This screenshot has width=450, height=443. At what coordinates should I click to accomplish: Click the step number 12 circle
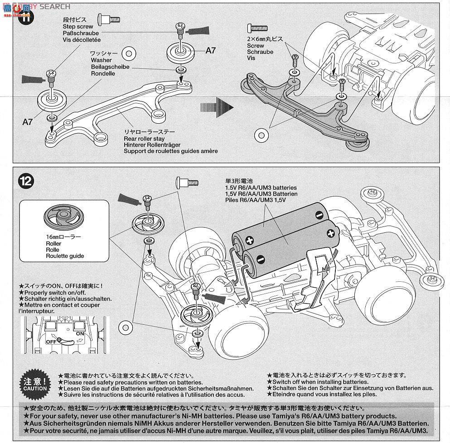pos(26,181)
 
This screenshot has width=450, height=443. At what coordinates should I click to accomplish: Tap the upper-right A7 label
pos(211,50)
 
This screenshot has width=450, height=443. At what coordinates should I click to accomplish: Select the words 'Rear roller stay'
pos(145,139)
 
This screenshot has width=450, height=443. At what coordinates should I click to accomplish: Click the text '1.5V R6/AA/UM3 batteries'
pos(258,188)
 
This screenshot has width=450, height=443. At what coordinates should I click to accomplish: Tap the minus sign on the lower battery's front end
pos(260,259)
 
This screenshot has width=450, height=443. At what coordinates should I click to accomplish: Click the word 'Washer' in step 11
pos(101,60)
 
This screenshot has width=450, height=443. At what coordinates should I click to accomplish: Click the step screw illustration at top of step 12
pos(186,182)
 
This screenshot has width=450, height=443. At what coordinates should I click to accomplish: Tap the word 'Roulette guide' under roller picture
pos(65,256)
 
